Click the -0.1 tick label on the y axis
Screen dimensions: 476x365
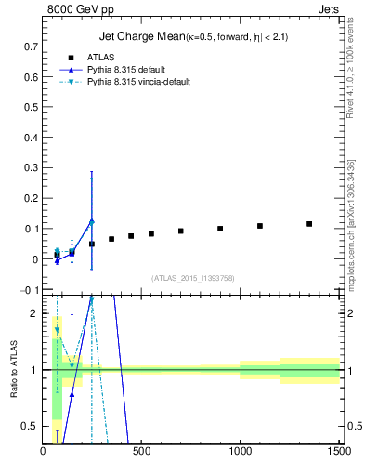pos(30,290)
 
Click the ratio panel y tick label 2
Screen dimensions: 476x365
pos(34,314)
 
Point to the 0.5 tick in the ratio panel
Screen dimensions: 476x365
pos(31,426)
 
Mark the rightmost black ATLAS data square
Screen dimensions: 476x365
pos(309,224)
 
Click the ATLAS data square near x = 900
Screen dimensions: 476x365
pos(220,229)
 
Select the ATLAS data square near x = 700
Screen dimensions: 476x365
pos(181,231)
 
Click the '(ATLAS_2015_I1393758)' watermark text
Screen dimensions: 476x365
pos(191,277)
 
